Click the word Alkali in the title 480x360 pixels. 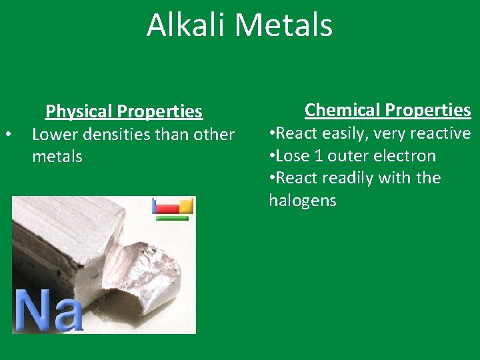pos(187,25)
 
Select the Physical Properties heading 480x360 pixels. pos(123,111)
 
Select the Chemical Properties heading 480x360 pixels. pos(387,109)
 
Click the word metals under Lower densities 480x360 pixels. pos(57,157)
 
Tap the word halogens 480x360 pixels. pos(302,201)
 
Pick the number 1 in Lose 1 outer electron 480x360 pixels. pos(321,156)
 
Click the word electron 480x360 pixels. pos(406,156)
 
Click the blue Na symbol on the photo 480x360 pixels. pos(47,310)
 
